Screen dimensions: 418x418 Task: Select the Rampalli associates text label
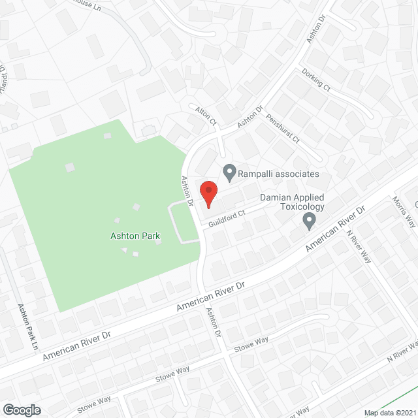coord(279,174)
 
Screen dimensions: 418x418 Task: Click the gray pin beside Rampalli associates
coord(229,174)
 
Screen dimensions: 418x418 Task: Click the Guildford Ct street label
coord(226,218)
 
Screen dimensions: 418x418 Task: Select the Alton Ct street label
coord(205,116)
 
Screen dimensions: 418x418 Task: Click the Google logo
coord(22,410)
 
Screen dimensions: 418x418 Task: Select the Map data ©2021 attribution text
coord(390,413)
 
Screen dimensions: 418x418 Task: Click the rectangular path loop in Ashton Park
coord(183,222)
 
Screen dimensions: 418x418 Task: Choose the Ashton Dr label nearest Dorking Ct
coord(316,29)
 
